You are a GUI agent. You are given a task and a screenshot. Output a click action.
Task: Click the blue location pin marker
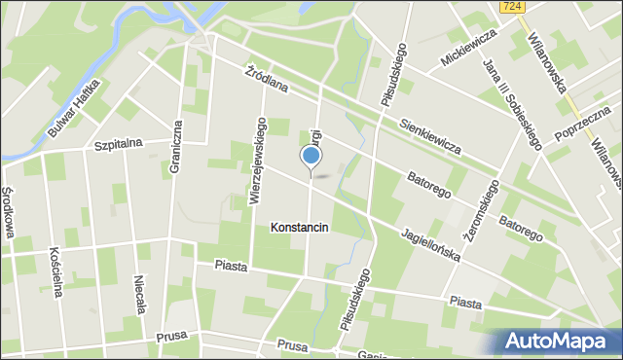tap(311, 156)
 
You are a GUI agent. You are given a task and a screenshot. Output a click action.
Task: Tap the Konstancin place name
tap(300, 228)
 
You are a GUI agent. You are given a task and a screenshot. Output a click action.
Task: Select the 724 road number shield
tap(515, 7)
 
